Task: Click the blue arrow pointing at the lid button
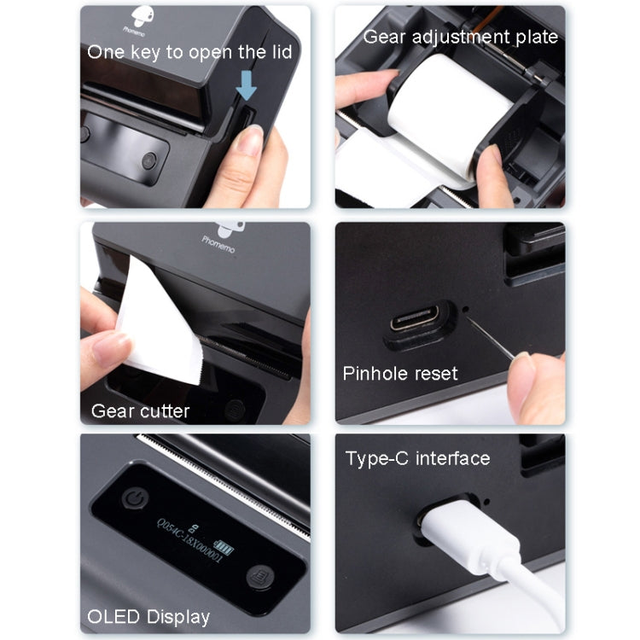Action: pos(247,85)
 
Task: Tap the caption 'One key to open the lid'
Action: pos(189,52)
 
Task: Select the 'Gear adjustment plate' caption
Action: pos(461,37)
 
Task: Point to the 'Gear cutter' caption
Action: pos(141,410)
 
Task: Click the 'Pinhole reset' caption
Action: pos(400,373)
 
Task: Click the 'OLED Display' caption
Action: pos(148,616)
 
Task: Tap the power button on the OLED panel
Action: pos(135,497)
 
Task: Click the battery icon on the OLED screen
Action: pos(222,549)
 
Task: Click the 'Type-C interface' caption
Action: pos(417,458)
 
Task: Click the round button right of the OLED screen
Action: pos(258,578)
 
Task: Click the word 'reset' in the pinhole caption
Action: pos(435,373)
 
